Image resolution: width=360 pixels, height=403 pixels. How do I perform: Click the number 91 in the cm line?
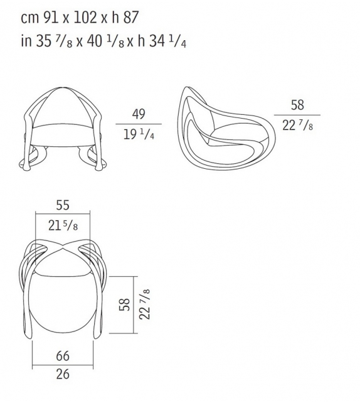click(x=51, y=18)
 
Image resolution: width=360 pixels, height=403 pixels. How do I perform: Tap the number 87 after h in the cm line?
click(x=131, y=18)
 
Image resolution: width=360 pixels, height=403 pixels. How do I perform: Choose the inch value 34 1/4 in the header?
click(x=167, y=41)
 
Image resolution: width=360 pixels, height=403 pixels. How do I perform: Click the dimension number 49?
click(x=139, y=114)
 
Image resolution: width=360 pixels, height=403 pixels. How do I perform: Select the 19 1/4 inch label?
click(x=139, y=134)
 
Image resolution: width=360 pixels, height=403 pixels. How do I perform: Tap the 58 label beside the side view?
click(x=297, y=105)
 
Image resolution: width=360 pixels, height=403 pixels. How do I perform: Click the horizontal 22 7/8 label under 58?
click(x=297, y=126)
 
